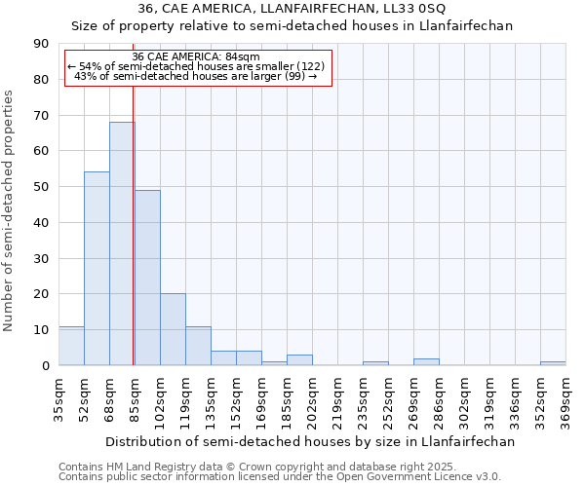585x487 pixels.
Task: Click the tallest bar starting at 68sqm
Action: click(x=122, y=243)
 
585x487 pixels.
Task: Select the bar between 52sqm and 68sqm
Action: click(x=97, y=269)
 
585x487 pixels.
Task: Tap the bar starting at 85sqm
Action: click(x=147, y=278)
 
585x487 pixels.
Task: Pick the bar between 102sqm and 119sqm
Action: click(x=173, y=329)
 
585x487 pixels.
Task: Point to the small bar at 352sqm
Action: click(x=553, y=363)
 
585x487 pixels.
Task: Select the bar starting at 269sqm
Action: click(x=426, y=362)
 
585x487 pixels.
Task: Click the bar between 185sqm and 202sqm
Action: click(x=299, y=360)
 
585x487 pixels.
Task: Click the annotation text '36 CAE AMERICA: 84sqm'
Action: click(x=195, y=56)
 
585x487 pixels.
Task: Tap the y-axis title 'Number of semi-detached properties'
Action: click(x=10, y=210)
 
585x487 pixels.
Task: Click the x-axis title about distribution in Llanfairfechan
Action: click(x=309, y=441)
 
